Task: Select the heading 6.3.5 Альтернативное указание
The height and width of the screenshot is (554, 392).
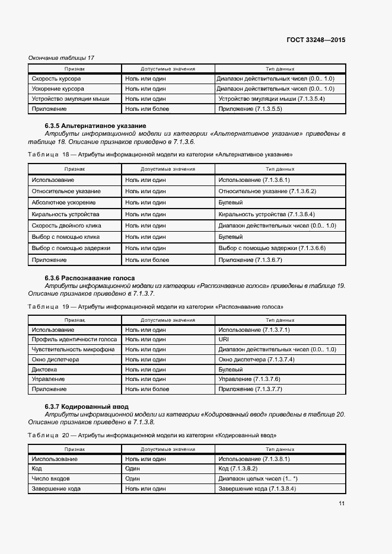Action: click(x=95, y=126)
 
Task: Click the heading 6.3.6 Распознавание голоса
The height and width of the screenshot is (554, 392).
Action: click(x=90, y=278)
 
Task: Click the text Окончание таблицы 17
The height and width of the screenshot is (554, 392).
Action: click(x=62, y=57)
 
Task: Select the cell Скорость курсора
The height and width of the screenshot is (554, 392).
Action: click(x=56, y=78)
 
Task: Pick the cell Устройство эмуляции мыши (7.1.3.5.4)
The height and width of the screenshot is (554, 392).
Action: click(x=272, y=99)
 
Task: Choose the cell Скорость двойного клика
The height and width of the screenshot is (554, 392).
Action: click(x=66, y=226)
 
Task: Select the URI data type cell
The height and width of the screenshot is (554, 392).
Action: click(x=224, y=340)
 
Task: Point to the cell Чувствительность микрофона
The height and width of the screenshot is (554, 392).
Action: click(x=73, y=350)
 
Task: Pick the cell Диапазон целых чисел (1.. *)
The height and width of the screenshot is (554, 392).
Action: click(x=258, y=478)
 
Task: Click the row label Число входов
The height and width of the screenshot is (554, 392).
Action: click(x=51, y=478)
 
